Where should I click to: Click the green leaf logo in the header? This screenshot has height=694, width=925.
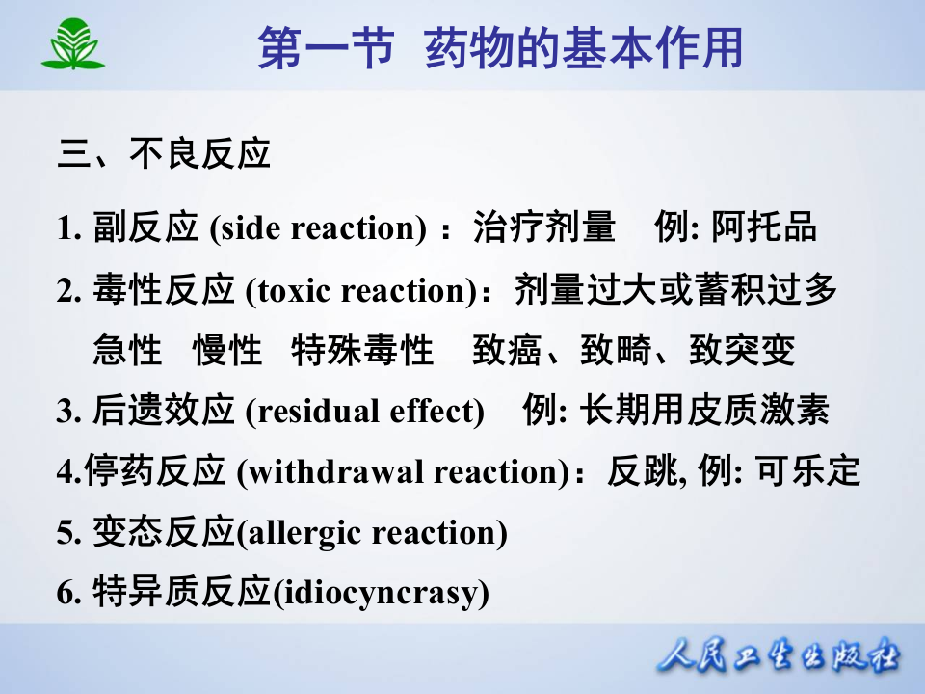72,44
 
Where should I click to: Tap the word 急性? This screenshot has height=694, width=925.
128,351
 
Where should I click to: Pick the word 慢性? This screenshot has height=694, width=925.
227,351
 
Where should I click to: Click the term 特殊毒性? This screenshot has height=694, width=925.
362,351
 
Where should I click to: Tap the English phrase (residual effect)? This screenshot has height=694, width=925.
364,412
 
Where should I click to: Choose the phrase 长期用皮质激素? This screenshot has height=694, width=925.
704,412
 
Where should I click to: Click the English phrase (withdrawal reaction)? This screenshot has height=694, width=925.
404,472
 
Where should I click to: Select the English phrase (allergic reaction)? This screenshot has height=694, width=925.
371,533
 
